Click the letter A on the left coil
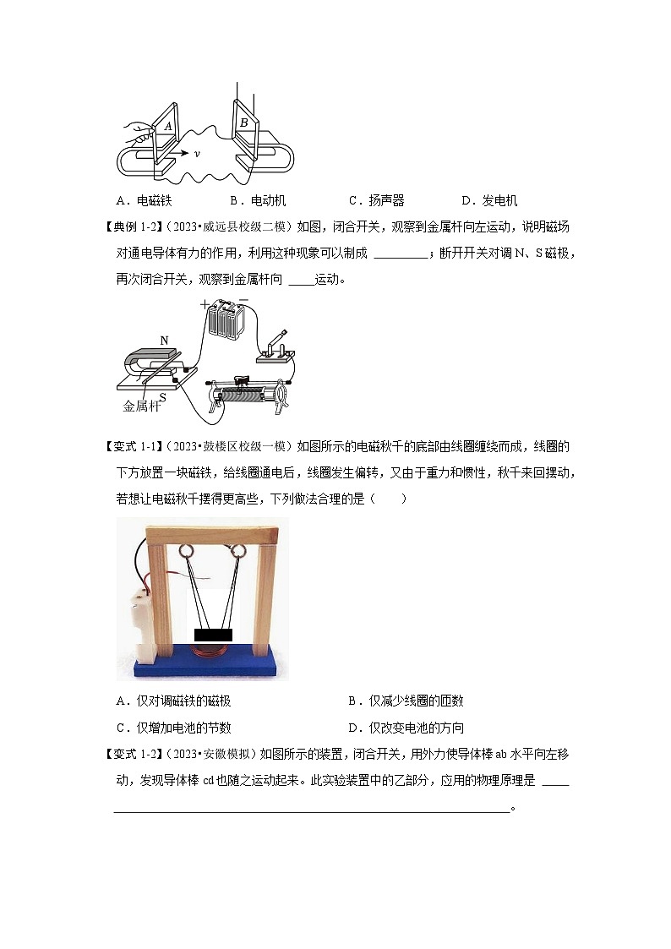pyautogui.click(x=168, y=127)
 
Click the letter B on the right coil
pyautogui.click(x=244, y=123)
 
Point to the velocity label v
pyautogui.click(x=197, y=154)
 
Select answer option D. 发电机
pyautogui.click(x=489, y=201)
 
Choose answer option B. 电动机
pyautogui.click(x=258, y=201)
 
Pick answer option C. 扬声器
pyautogui.click(x=376, y=201)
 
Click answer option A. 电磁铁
pyautogui.click(x=144, y=201)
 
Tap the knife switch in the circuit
pyautogui.click(x=275, y=351)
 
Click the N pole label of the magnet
pyautogui.click(x=164, y=341)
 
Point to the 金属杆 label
pyautogui.click(x=142, y=406)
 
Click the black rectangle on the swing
pyautogui.click(x=213, y=635)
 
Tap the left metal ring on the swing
pyautogui.click(x=186, y=551)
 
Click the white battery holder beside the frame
pyautogui.click(x=144, y=624)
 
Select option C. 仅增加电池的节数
pyautogui.click(x=173, y=728)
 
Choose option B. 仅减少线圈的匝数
pyautogui.click(x=406, y=701)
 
